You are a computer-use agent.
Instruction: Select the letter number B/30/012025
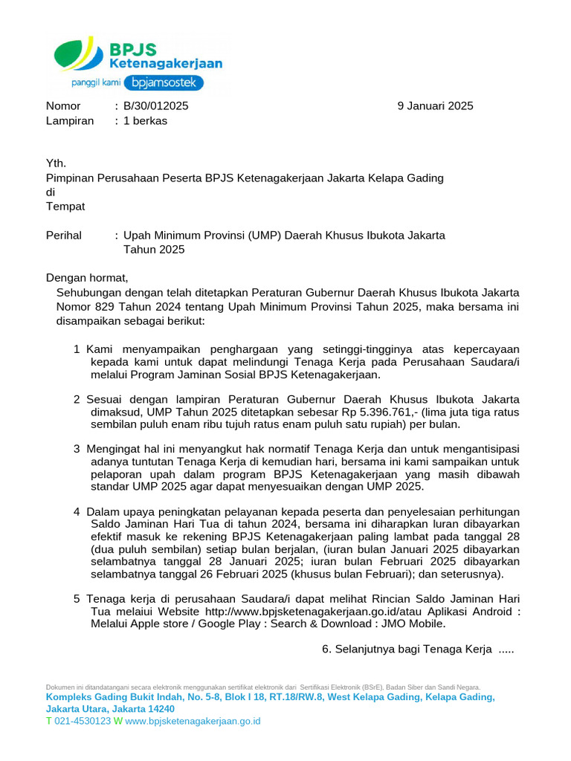[155, 106]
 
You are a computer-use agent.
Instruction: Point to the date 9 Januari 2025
[435, 106]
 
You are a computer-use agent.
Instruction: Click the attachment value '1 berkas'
[145, 120]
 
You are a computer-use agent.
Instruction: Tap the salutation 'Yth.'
[56, 163]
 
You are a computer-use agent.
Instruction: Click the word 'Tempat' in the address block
[65, 206]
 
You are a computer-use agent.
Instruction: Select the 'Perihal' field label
[64, 236]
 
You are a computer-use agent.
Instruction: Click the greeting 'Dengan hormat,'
[87, 278]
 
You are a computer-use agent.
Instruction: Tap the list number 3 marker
[77, 449]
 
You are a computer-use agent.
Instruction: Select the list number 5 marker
[77, 599]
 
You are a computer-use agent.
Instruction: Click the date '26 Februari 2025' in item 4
[242, 574]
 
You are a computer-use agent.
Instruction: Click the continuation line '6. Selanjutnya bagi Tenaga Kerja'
[417, 649]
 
